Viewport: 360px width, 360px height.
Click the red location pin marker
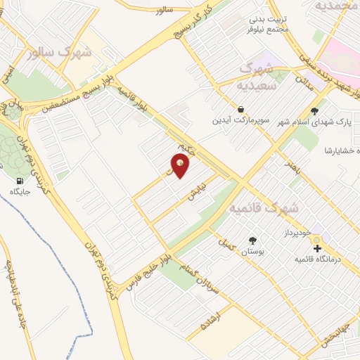click(x=181, y=166)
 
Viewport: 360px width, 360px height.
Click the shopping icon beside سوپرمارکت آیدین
click(x=241, y=110)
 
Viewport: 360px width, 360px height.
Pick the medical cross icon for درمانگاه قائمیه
click(x=316, y=247)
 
